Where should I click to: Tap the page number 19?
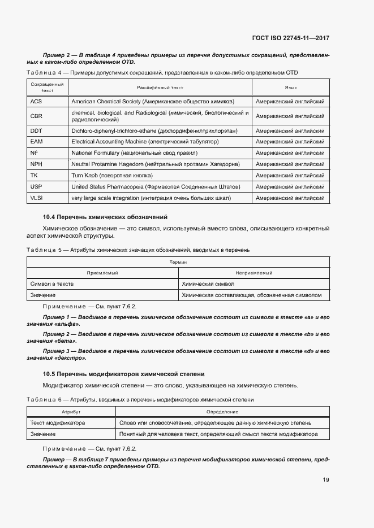[326, 480]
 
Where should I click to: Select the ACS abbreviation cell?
[36, 102]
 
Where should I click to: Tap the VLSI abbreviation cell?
[37, 198]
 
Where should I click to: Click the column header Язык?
[291, 88]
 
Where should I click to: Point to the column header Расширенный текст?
[160, 88]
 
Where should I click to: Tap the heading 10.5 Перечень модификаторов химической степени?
[123, 374]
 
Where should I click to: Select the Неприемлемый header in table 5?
[254, 273]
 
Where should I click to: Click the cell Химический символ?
[208, 284]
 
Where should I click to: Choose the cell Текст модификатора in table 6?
[57, 423]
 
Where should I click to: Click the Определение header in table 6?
[222, 412]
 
